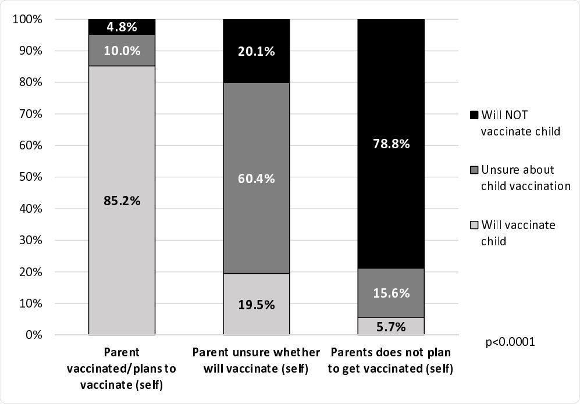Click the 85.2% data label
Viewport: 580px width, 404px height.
122,201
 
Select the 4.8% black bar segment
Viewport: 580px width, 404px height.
122,27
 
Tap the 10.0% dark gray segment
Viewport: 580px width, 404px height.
122,51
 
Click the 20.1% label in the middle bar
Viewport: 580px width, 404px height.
257,51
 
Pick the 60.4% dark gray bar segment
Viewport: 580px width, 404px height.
257,178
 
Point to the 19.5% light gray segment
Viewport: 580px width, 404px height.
257,304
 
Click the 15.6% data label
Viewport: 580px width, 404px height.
391,293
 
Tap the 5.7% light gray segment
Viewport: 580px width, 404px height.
391,326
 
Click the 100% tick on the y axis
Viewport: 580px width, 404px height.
27,20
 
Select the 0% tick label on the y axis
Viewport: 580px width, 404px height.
32,335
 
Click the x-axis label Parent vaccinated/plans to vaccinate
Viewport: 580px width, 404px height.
122,369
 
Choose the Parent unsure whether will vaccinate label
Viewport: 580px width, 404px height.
257,360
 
